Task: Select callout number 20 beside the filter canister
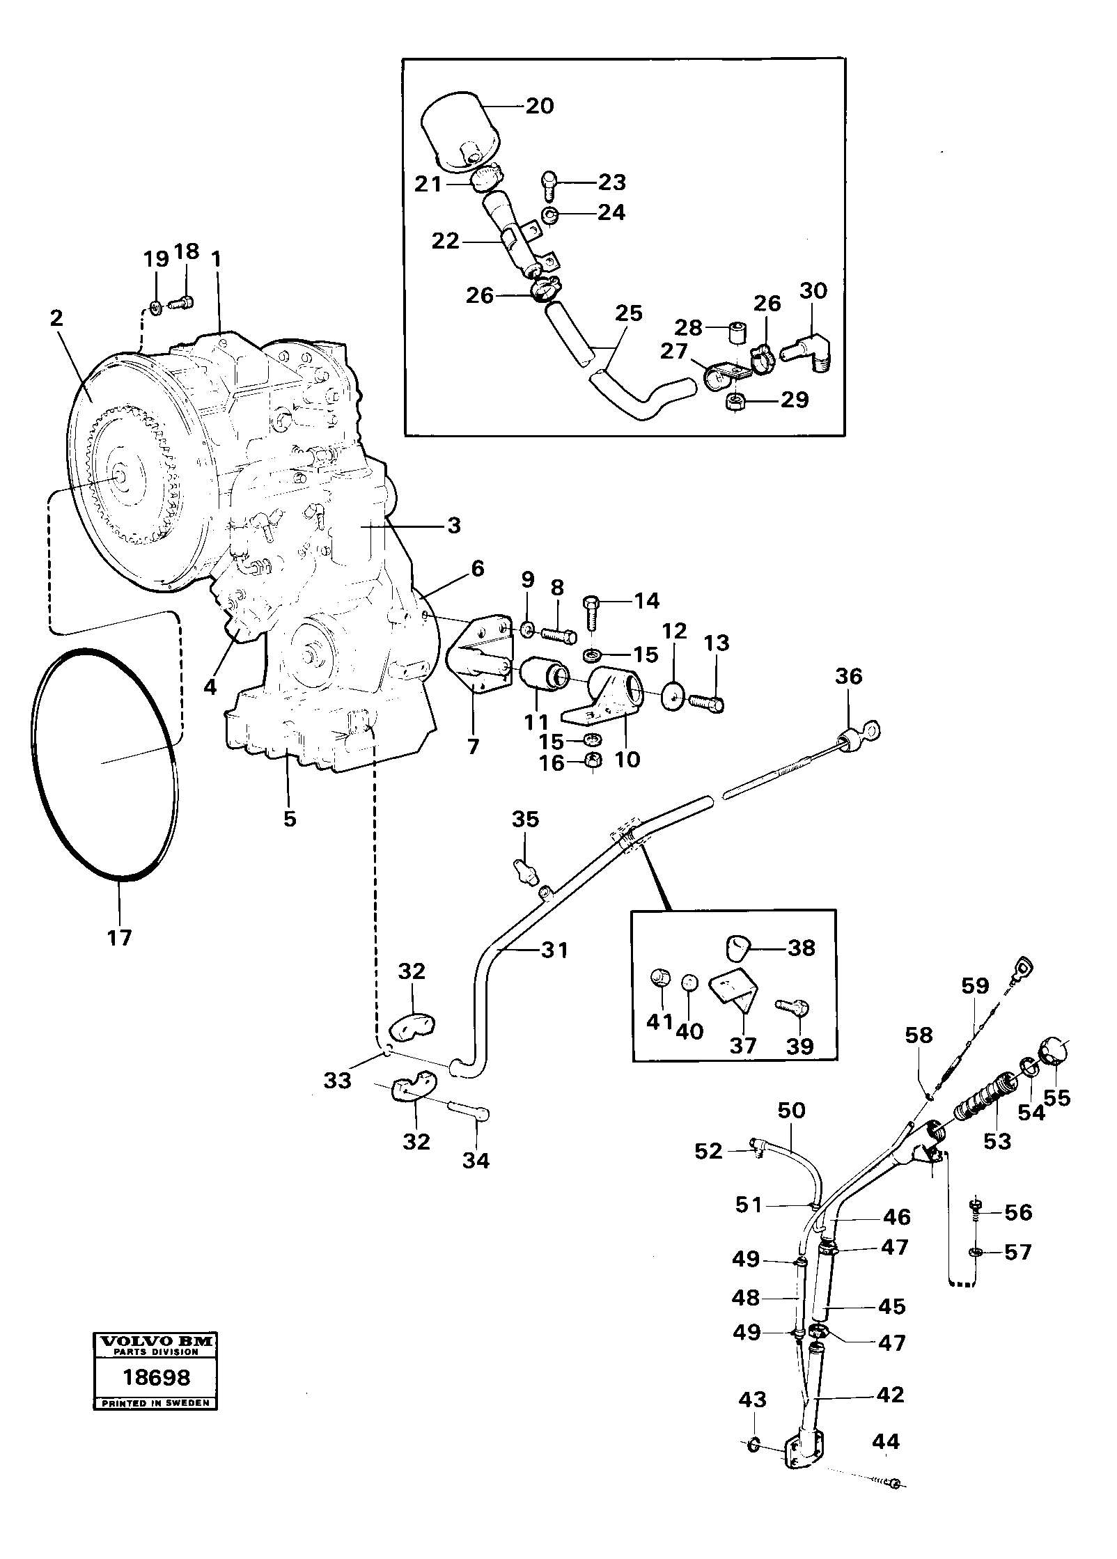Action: [x=539, y=106]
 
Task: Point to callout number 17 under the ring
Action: [x=119, y=937]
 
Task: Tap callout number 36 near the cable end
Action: [x=848, y=676]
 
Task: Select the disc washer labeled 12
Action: [x=673, y=697]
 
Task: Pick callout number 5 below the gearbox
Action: [x=290, y=818]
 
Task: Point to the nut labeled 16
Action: [x=592, y=761]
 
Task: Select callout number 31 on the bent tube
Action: [x=555, y=950]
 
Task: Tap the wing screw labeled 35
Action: [x=526, y=870]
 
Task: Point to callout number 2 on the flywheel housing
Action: [x=56, y=318]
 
